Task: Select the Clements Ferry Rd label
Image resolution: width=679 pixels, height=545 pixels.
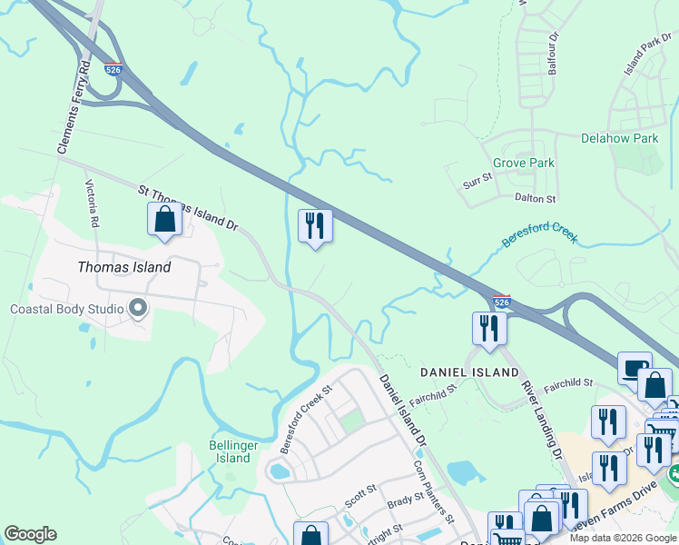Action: tap(74, 107)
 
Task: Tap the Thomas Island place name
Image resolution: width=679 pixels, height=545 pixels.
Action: tap(124, 267)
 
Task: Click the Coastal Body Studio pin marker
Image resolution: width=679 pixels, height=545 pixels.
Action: tap(138, 309)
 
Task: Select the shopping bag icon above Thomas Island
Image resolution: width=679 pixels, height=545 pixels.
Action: tap(164, 220)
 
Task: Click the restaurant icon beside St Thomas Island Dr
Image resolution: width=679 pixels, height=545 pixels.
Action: tap(315, 226)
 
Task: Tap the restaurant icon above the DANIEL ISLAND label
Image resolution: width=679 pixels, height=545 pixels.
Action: tap(488, 329)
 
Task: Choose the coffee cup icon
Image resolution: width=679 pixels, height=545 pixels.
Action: tap(635, 368)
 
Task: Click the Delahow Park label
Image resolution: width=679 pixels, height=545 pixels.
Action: tap(619, 138)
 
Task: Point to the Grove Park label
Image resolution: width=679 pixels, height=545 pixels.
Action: tap(523, 163)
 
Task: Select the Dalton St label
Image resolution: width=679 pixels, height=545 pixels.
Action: tap(535, 197)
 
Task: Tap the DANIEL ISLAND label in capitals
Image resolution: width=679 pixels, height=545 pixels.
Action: tap(468, 372)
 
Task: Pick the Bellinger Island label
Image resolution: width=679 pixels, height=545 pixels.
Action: tap(233, 451)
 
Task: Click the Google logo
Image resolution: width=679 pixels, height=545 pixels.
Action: tap(30, 534)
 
